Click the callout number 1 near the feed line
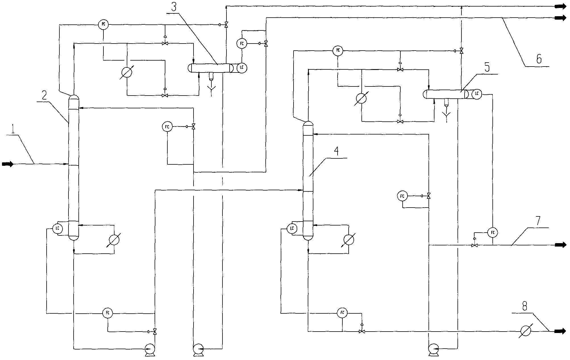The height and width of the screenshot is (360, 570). (13, 131)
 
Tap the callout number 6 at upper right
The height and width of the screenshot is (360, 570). (539, 59)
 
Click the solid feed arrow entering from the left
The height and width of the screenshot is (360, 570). (8, 164)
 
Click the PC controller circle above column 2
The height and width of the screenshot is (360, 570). (103, 24)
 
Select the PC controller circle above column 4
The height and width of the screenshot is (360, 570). (338, 51)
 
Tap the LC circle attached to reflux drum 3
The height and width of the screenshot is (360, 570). (242, 68)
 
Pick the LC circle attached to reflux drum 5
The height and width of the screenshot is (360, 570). (477, 94)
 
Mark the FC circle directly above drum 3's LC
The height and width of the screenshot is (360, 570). (242, 44)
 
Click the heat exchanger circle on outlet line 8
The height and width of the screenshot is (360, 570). (526, 331)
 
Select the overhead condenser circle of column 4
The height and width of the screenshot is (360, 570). (361, 98)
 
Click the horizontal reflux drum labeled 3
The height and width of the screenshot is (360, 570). (211, 68)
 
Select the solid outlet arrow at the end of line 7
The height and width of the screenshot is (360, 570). (561, 245)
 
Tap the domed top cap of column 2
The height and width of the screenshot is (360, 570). (74, 98)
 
